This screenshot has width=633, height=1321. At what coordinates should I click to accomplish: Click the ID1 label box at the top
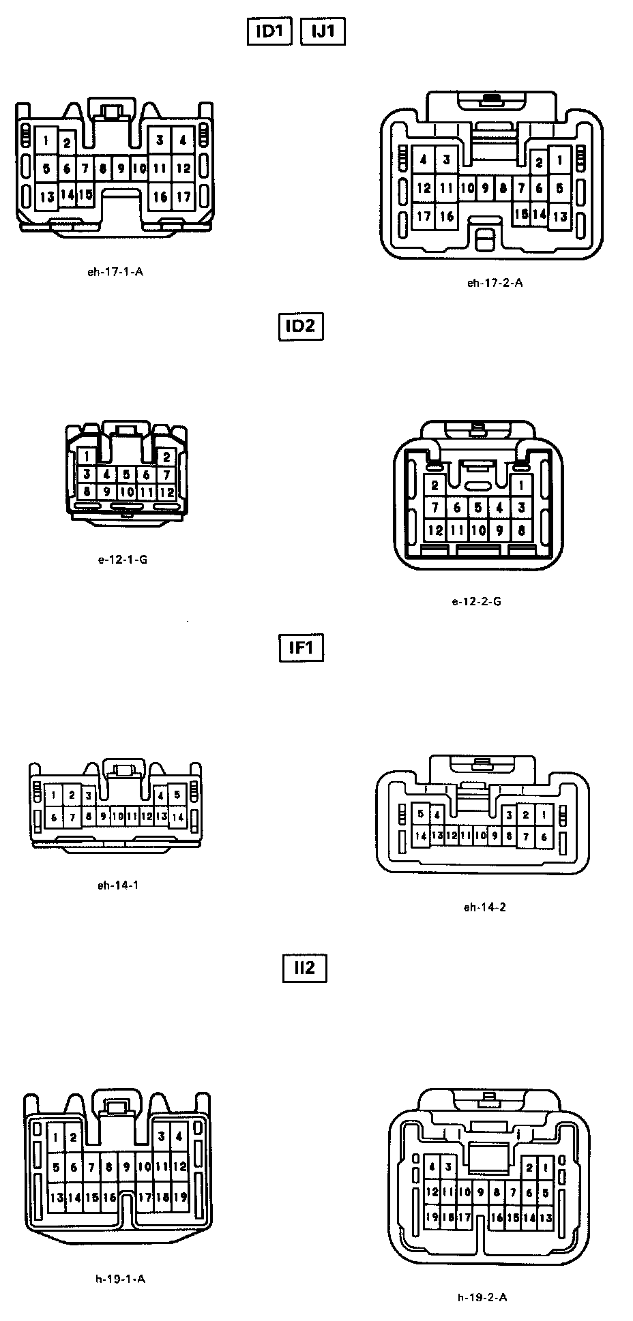(269, 31)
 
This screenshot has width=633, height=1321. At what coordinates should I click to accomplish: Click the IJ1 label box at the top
(323, 31)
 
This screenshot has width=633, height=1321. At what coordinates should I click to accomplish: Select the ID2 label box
(301, 326)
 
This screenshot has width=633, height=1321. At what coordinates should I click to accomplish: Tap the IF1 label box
(301, 648)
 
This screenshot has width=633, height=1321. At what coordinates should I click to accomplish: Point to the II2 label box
(304, 968)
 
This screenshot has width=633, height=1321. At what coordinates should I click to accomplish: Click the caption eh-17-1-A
(115, 271)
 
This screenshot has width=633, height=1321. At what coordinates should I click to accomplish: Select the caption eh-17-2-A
(495, 283)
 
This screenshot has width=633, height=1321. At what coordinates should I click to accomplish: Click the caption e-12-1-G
(123, 560)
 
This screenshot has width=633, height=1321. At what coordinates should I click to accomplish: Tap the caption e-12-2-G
(476, 601)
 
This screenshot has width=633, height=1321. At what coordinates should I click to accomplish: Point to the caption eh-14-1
(118, 885)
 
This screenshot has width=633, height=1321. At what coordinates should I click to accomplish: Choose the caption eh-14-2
(485, 907)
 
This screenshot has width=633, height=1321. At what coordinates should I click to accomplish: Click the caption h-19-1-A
(120, 1279)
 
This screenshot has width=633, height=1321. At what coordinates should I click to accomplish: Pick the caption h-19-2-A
(482, 1297)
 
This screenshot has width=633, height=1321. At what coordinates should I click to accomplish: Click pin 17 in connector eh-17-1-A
(183, 197)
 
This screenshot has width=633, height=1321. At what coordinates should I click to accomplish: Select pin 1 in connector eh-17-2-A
(560, 161)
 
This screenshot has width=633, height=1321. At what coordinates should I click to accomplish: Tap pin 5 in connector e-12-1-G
(126, 474)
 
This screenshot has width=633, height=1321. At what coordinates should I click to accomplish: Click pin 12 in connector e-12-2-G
(435, 530)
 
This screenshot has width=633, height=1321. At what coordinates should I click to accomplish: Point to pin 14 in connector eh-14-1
(177, 817)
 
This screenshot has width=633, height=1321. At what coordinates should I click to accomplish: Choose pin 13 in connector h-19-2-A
(546, 1217)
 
